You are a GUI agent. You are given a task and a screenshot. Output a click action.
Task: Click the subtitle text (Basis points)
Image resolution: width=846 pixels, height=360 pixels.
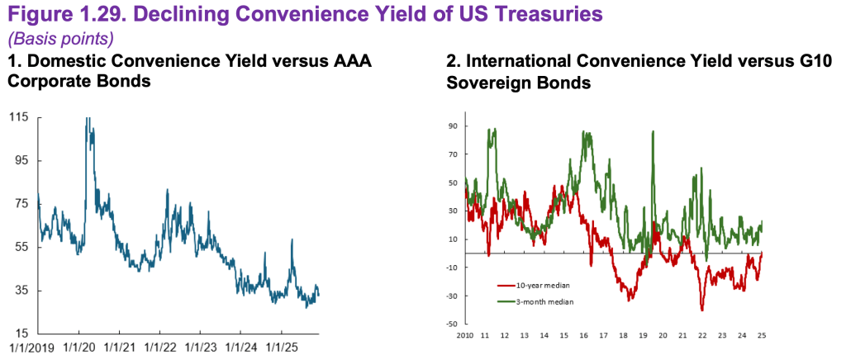tap(60, 39)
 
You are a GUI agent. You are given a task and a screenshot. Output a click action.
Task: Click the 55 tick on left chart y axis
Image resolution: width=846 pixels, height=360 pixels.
tap(21, 247)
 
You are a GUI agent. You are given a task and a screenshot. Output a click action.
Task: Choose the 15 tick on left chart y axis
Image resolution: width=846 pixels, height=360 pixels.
tap(21, 333)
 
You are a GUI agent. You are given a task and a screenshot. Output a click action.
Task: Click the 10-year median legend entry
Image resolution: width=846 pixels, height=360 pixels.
tap(537, 286)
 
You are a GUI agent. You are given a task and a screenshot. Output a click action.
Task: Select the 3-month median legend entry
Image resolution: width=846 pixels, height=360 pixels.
tap(537, 302)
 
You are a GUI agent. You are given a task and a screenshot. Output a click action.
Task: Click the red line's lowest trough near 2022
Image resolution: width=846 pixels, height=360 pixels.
tap(702, 310)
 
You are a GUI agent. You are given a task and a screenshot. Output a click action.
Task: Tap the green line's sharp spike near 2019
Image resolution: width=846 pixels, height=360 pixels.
tap(654, 132)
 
